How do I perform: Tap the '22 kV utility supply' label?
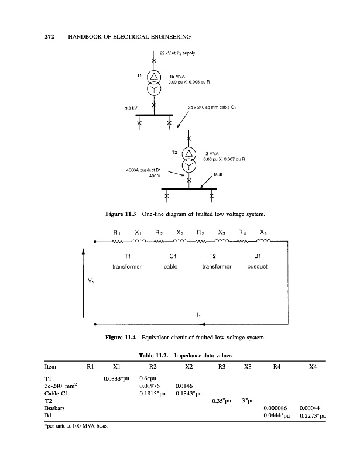pos(178,53)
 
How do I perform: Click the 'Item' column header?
pos(50,367)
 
